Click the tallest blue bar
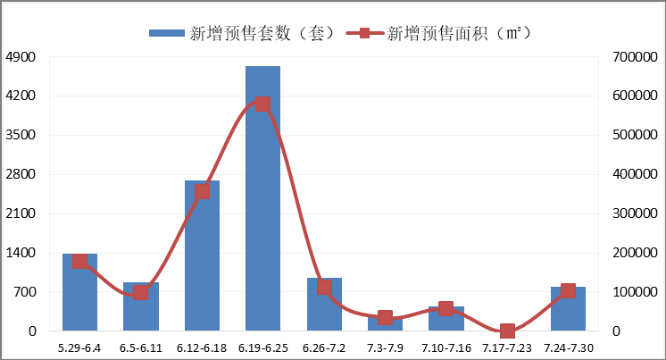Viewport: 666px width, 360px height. point(262,214)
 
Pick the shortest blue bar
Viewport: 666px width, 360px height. point(385,325)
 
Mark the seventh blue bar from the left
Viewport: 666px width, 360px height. point(446,321)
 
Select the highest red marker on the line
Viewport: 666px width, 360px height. point(262,104)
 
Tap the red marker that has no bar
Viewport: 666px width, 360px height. point(507,331)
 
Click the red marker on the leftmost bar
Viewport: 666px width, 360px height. point(79,261)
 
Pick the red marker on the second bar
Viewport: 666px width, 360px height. point(141,292)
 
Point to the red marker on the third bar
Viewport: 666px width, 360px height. point(202,191)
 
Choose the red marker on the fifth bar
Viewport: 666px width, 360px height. point(324,287)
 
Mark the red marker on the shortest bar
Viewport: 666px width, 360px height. point(385,317)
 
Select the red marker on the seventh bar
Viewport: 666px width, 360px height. point(446,308)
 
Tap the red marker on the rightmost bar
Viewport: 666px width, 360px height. point(568,290)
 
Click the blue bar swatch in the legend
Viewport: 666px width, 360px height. point(167,33)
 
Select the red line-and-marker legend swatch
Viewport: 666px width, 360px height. point(364,33)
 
